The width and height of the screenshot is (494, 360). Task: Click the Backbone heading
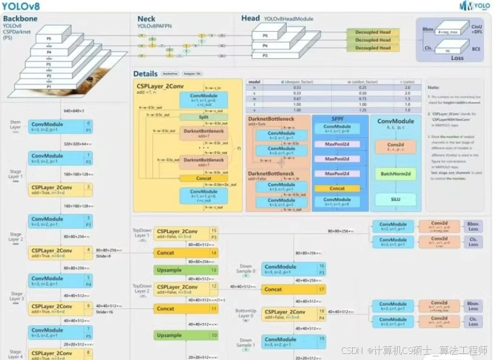click(20, 19)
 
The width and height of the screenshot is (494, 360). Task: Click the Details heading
click(146, 74)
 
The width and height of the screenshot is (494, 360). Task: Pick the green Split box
click(203, 117)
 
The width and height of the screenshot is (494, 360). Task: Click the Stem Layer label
click(15, 124)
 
